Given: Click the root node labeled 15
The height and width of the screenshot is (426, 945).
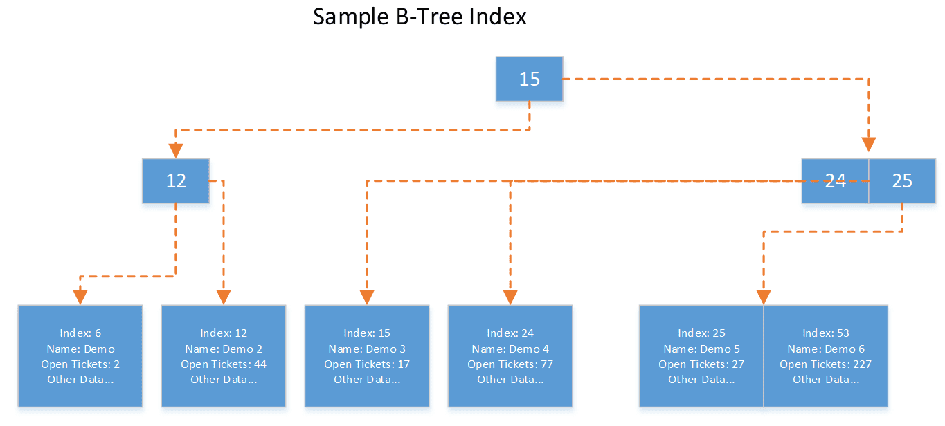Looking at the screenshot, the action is [x=530, y=79].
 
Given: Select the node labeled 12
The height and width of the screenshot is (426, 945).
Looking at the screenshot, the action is [x=176, y=180].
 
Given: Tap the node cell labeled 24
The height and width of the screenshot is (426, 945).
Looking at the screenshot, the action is [x=836, y=180].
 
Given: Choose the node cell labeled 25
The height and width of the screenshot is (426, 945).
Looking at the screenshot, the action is [x=902, y=180].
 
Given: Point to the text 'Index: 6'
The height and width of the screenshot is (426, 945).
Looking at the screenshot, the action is [x=80, y=333].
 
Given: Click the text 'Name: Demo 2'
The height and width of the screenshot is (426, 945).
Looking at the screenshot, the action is [x=224, y=349].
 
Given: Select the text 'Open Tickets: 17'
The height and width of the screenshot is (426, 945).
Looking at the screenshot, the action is [x=367, y=364].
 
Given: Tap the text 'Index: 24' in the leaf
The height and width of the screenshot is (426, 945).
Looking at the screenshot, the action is [x=510, y=333].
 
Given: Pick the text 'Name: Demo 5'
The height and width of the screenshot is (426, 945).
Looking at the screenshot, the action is [x=701, y=349].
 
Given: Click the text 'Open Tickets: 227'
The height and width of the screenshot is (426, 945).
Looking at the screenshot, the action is [x=826, y=364].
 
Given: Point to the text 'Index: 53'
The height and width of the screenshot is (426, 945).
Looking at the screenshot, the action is [x=826, y=333].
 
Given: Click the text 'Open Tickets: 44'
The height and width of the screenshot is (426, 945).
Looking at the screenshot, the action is [x=224, y=364].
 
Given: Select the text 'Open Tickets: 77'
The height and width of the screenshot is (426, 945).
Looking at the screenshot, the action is [x=510, y=364].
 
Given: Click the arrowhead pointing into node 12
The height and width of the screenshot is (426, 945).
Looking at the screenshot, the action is [x=176, y=151].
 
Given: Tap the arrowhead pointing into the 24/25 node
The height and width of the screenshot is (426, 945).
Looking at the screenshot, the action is [x=869, y=145].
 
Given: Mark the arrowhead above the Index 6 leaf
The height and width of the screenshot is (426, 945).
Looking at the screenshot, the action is [x=80, y=297].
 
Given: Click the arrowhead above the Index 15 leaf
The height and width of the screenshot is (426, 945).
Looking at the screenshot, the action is [x=367, y=297].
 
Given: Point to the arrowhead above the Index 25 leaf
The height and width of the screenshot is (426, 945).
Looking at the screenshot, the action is [x=764, y=297].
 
